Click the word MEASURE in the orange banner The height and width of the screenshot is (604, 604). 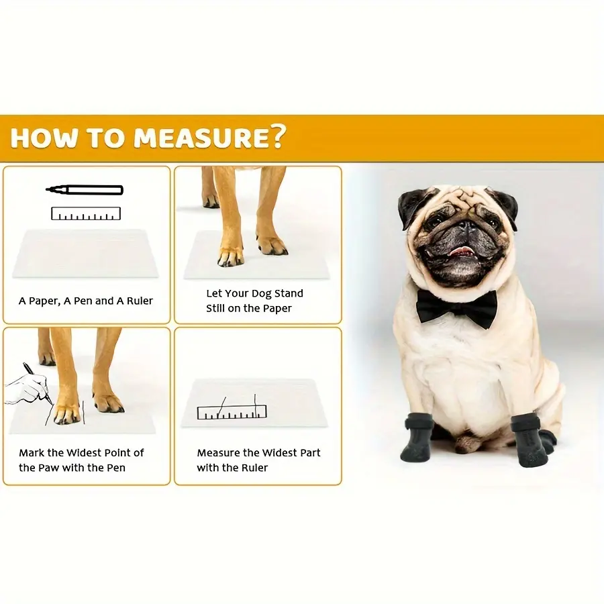point(198,138)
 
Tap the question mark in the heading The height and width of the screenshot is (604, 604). point(275,137)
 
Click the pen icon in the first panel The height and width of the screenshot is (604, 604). point(85,190)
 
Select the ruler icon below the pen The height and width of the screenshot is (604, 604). point(85,214)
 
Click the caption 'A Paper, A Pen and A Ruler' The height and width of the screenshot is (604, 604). point(86,301)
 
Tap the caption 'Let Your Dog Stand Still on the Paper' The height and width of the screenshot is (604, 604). point(254,301)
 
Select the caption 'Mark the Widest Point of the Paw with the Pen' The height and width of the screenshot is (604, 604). point(81,460)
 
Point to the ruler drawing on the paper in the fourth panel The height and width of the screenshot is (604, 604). point(232,411)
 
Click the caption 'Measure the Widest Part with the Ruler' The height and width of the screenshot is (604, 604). point(258,460)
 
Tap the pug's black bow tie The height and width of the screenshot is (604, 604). point(456,308)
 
